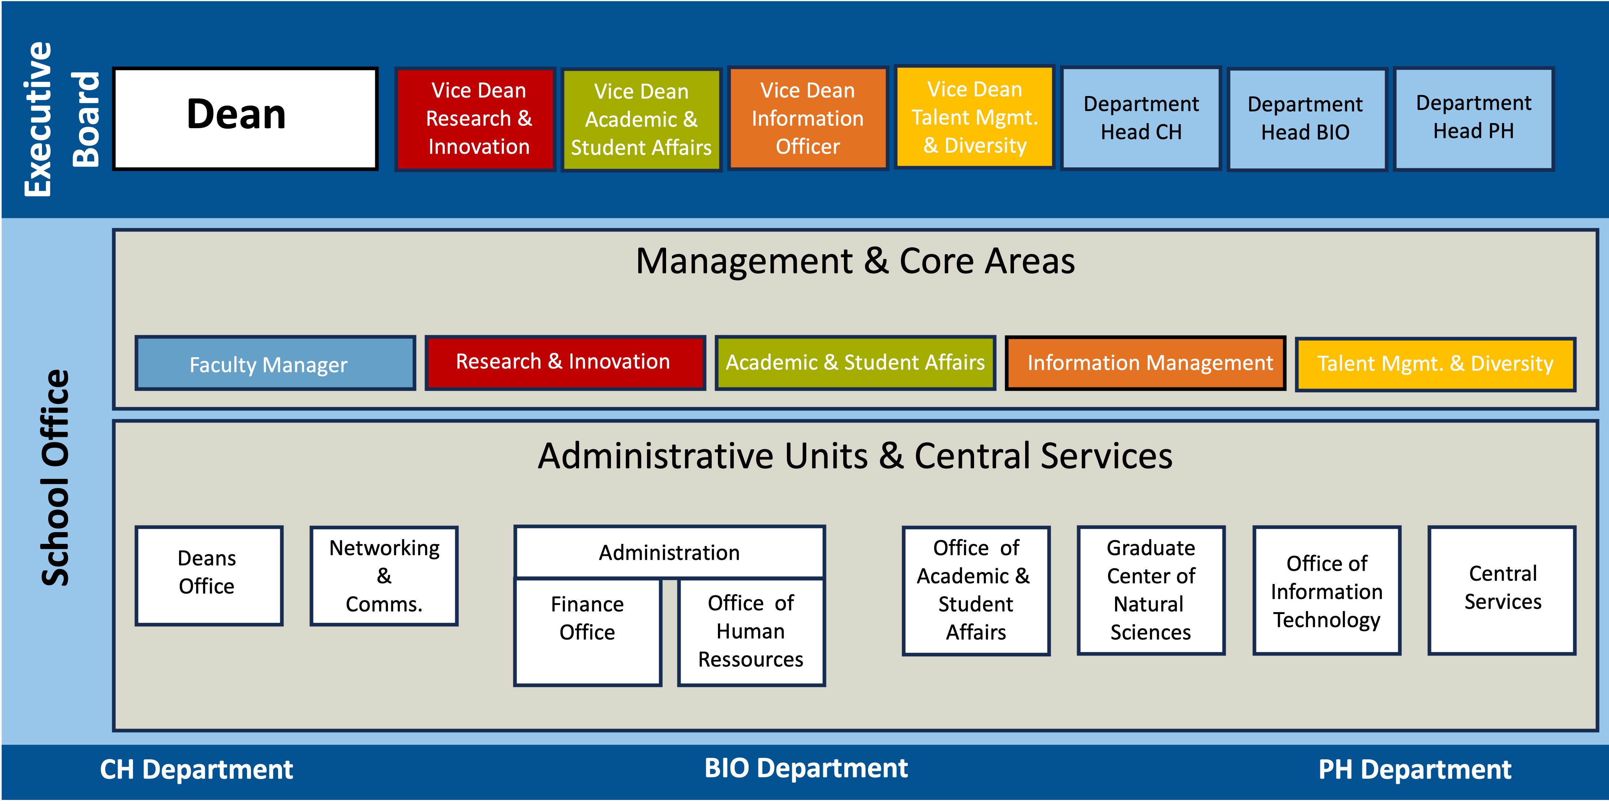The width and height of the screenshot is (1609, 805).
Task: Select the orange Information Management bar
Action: (x=1145, y=363)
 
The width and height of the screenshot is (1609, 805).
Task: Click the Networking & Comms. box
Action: (x=384, y=575)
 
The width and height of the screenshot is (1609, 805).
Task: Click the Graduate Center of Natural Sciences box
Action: (x=1151, y=590)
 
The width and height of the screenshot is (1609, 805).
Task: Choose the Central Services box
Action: (x=1502, y=590)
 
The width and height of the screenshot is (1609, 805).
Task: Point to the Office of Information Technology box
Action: (x=1327, y=590)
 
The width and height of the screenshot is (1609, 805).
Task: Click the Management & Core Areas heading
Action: (x=855, y=261)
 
